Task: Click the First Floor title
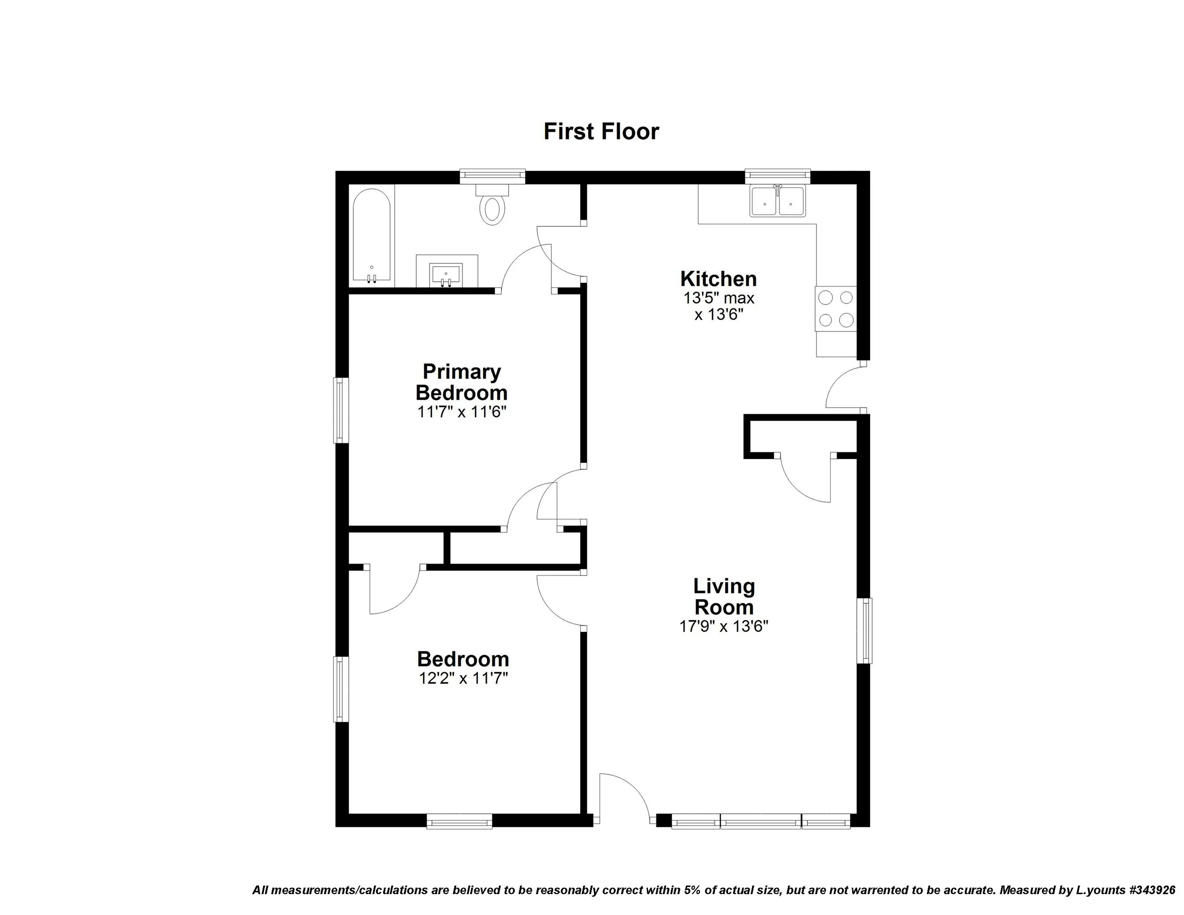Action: click(601, 132)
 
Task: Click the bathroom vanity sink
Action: click(446, 274)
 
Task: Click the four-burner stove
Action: click(836, 308)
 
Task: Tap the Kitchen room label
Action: click(718, 278)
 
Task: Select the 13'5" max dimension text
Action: click(718, 298)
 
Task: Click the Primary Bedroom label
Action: click(461, 382)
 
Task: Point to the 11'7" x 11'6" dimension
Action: click(461, 412)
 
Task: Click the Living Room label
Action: click(724, 596)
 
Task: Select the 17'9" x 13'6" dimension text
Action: click(724, 627)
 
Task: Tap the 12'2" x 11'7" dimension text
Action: click(463, 678)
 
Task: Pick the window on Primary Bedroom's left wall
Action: click(341, 410)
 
